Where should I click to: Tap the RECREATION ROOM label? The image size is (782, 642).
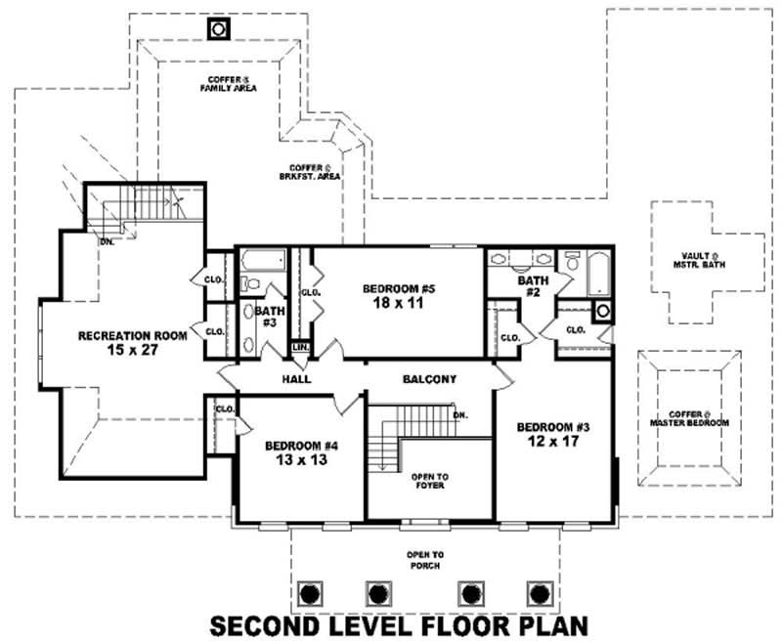132,335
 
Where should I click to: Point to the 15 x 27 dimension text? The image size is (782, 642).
132,350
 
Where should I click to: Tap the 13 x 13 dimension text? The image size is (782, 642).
301,460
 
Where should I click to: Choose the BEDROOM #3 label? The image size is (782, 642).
552,427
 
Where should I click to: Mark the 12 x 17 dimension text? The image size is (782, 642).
552,443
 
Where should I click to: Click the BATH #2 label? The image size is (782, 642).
533,286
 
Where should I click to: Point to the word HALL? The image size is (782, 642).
296,378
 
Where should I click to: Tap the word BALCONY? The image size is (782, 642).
429,378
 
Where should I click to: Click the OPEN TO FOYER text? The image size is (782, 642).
429,481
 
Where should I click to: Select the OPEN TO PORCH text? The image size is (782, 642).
425,560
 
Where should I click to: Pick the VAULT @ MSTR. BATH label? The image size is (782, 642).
696,261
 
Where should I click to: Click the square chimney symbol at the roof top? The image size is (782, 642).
217,28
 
